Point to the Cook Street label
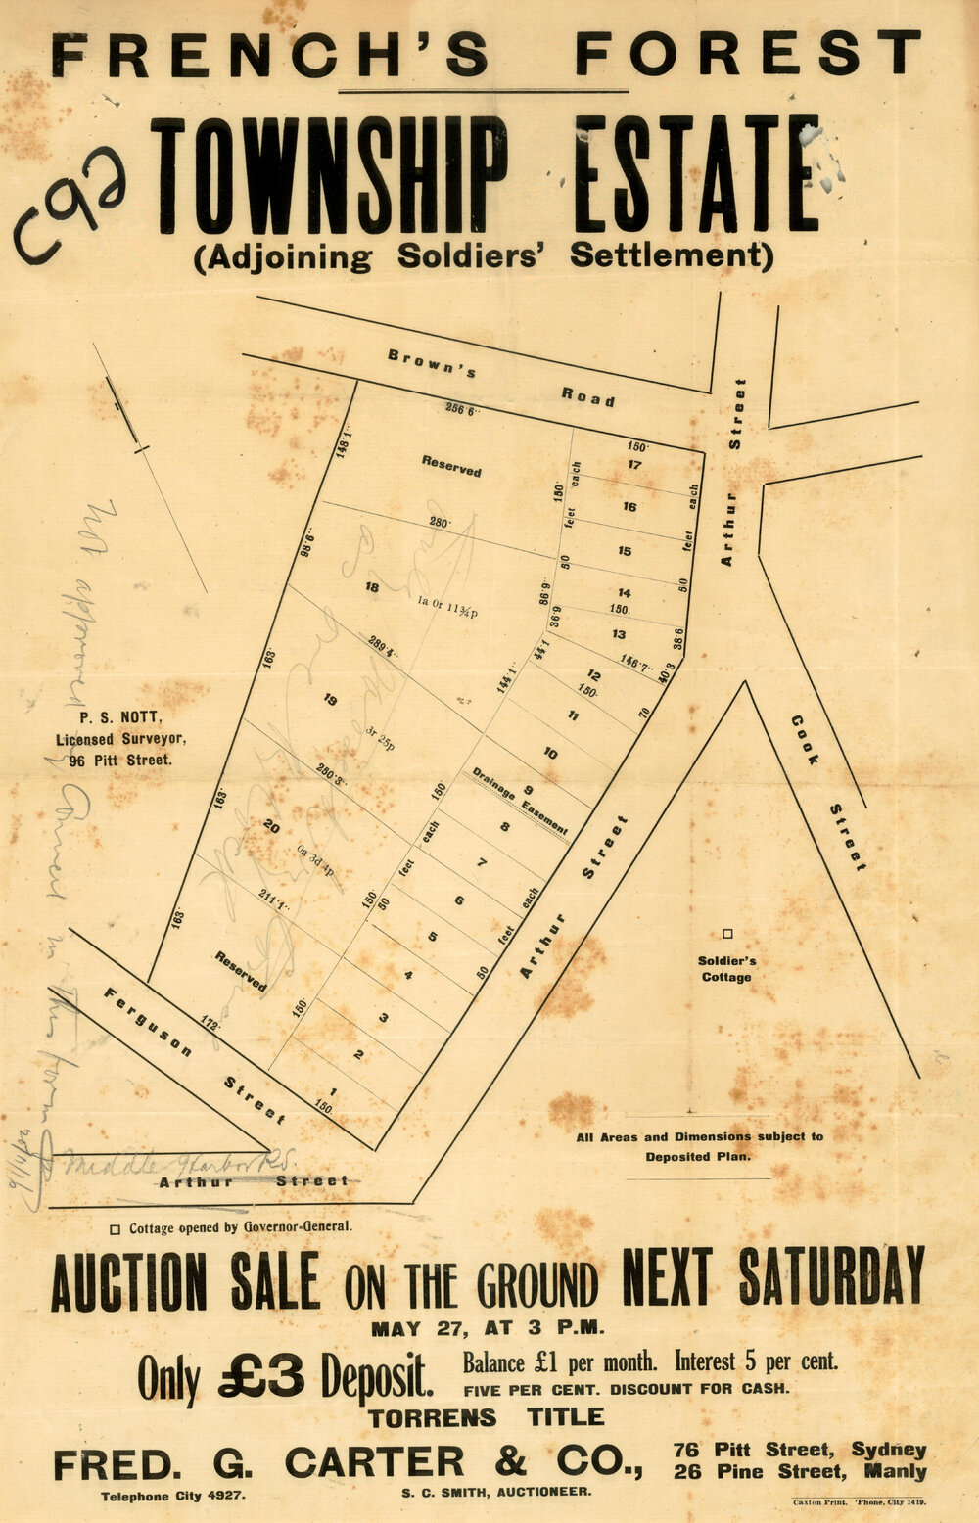pyautogui.click(x=828, y=792)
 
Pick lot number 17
pyautogui.click(x=634, y=465)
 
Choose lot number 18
pyautogui.click(x=371, y=587)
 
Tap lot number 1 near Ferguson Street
pyautogui.click(x=334, y=1092)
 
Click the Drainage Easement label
pyautogui.click(x=520, y=800)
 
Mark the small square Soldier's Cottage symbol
pyautogui.click(x=727, y=935)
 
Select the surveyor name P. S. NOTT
pyautogui.click(x=114, y=722)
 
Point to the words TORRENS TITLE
pyautogui.click(x=486, y=1416)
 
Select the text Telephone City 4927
pyautogui.click(x=173, y=1496)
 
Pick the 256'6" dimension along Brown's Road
pyautogui.click(x=460, y=410)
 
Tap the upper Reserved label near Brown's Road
pyautogui.click(x=451, y=466)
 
